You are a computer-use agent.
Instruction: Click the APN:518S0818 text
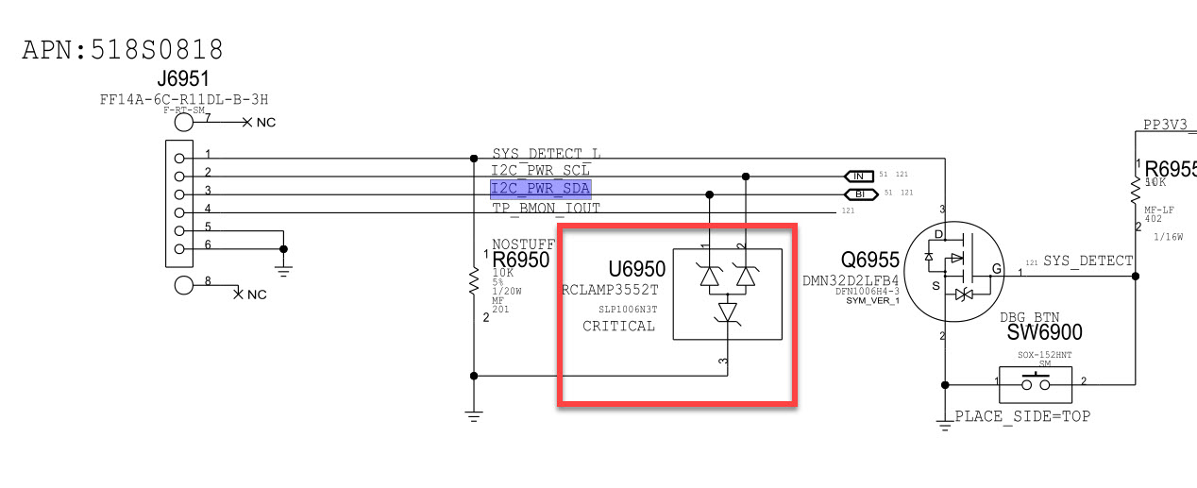click(123, 50)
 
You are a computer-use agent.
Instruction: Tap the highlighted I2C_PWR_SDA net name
click(540, 189)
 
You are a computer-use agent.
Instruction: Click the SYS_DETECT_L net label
click(547, 154)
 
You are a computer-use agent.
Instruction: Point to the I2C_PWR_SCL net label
click(540, 171)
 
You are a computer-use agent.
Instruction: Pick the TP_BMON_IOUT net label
click(546, 208)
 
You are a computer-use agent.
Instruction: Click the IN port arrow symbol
click(858, 177)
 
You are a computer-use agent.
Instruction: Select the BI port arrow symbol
click(858, 194)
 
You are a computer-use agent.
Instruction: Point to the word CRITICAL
click(618, 326)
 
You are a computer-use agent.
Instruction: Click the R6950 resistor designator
click(520, 261)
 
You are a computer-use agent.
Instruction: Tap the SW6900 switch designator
click(1044, 332)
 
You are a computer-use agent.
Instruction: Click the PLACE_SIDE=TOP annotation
click(1022, 415)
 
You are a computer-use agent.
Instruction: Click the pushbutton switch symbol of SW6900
click(1037, 382)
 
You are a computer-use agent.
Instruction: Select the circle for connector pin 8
click(185, 285)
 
